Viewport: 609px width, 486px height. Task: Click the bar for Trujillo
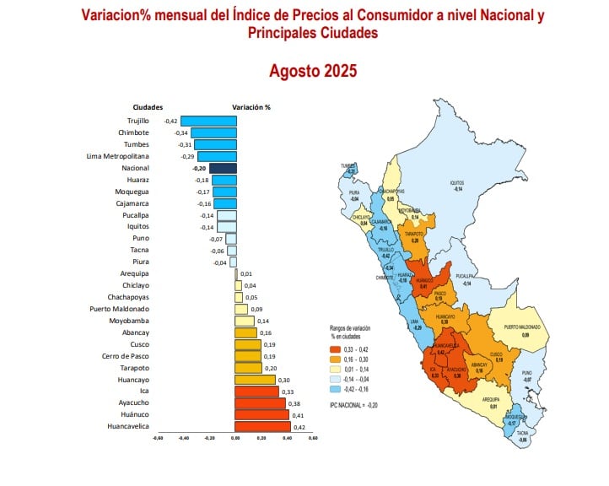click(208, 121)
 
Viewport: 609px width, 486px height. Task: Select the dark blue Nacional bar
click(223, 168)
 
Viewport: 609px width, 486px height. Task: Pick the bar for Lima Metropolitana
click(217, 156)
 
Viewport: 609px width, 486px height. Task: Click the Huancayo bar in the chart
click(256, 380)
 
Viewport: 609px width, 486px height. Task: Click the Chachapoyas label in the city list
click(128, 297)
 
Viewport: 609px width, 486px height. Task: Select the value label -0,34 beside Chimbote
click(181, 133)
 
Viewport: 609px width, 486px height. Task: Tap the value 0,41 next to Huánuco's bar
click(297, 415)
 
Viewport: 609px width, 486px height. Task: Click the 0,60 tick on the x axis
click(313, 438)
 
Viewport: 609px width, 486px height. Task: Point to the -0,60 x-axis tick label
click(157, 438)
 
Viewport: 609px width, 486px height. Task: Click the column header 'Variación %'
click(251, 107)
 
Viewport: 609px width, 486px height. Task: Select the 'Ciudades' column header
click(148, 107)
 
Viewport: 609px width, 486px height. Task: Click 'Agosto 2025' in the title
click(313, 71)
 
